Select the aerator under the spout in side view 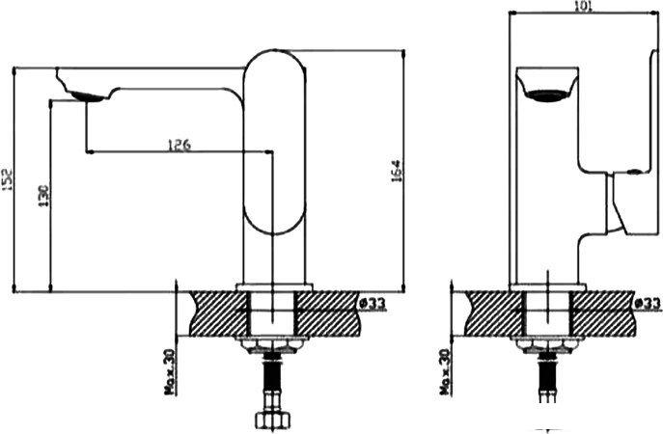[x=85, y=95]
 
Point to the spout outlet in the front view [x=548, y=94]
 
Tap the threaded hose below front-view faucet [x=548, y=381]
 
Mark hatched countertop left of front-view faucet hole [x=492, y=313]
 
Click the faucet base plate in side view [x=275, y=287]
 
